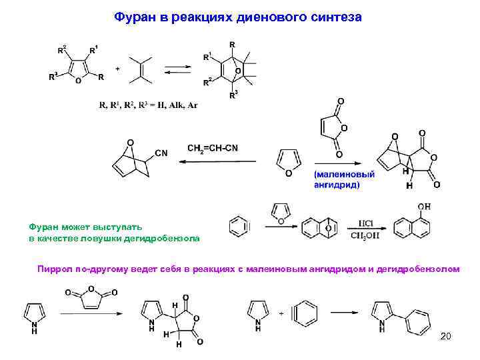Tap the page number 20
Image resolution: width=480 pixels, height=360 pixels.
[x=445, y=337]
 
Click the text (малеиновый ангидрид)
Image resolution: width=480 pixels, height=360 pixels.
[x=344, y=179]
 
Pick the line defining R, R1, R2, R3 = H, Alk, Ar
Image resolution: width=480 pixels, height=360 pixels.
[x=148, y=105]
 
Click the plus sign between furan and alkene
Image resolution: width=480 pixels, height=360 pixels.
[x=118, y=69]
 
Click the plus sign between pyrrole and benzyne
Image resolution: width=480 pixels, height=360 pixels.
[x=280, y=312]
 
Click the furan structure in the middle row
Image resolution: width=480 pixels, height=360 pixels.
[x=288, y=162]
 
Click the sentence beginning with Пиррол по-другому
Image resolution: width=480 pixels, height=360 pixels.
[x=247, y=269]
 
